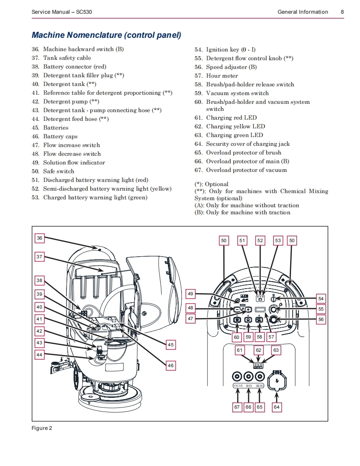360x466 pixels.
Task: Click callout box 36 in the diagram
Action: pos(39,238)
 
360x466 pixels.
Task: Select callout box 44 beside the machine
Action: pos(39,355)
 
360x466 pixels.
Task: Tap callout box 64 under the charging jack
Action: pos(276,407)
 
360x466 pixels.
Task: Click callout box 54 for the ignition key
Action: pos(321,299)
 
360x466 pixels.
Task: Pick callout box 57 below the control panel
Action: pos(271,337)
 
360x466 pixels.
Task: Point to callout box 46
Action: pos(171,365)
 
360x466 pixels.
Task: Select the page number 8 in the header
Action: pos(342,12)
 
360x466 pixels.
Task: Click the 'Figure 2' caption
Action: pos(42,428)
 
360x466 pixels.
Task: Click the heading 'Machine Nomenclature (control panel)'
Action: pos(106,35)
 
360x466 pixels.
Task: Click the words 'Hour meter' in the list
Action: pos(222,76)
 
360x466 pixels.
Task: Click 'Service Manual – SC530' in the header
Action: pos(62,12)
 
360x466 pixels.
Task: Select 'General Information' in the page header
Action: pos(303,12)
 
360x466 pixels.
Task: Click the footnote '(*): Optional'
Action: pos(212,184)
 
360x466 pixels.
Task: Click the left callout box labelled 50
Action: pos(224,240)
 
